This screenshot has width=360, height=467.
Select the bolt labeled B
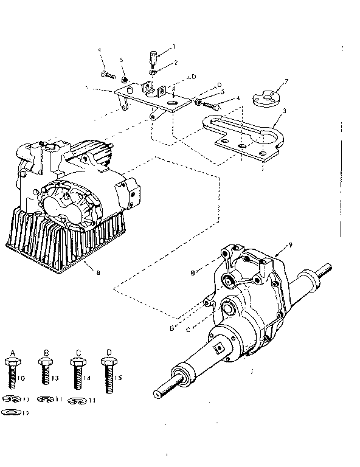tap(44, 372)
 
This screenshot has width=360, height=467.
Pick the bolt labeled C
tap(75, 373)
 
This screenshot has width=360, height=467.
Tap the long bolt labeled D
tap(108, 375)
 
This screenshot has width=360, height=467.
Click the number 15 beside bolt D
tap(117, 378)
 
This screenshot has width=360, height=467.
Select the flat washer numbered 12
tap(12, 412)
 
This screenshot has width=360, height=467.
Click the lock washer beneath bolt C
tap(75, 400)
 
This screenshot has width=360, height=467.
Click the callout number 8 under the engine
tap(98, 273)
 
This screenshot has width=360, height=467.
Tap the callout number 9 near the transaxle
tap(291, 245)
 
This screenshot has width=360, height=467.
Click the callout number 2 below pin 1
tap(175, 63)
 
